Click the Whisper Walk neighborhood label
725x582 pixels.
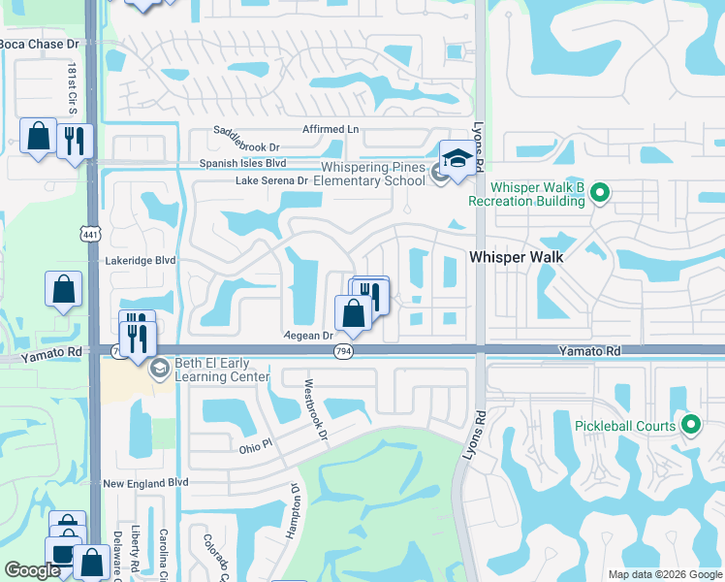(x=517, y=257)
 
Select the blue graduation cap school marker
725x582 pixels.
(x=459, y=156)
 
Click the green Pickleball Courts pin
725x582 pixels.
(x=691, y=424)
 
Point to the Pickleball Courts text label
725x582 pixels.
(x=629, y=426)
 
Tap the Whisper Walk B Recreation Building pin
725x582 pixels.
(x=600, y=194)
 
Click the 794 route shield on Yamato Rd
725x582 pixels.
(x=343, y=351)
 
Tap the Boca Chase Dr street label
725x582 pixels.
(x=40, y=45)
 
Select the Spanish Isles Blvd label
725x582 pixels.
(x=242, y=164)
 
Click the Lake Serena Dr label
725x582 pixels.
(x=271, y=180)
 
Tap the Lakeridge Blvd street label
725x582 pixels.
(x=142, y=260)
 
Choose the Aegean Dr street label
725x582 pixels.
(x=308, y=335)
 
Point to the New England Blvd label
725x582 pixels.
(x=144, y=483)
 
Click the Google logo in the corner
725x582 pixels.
(x=32, y=570)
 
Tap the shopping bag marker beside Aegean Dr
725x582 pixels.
(x=354, y=312)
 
